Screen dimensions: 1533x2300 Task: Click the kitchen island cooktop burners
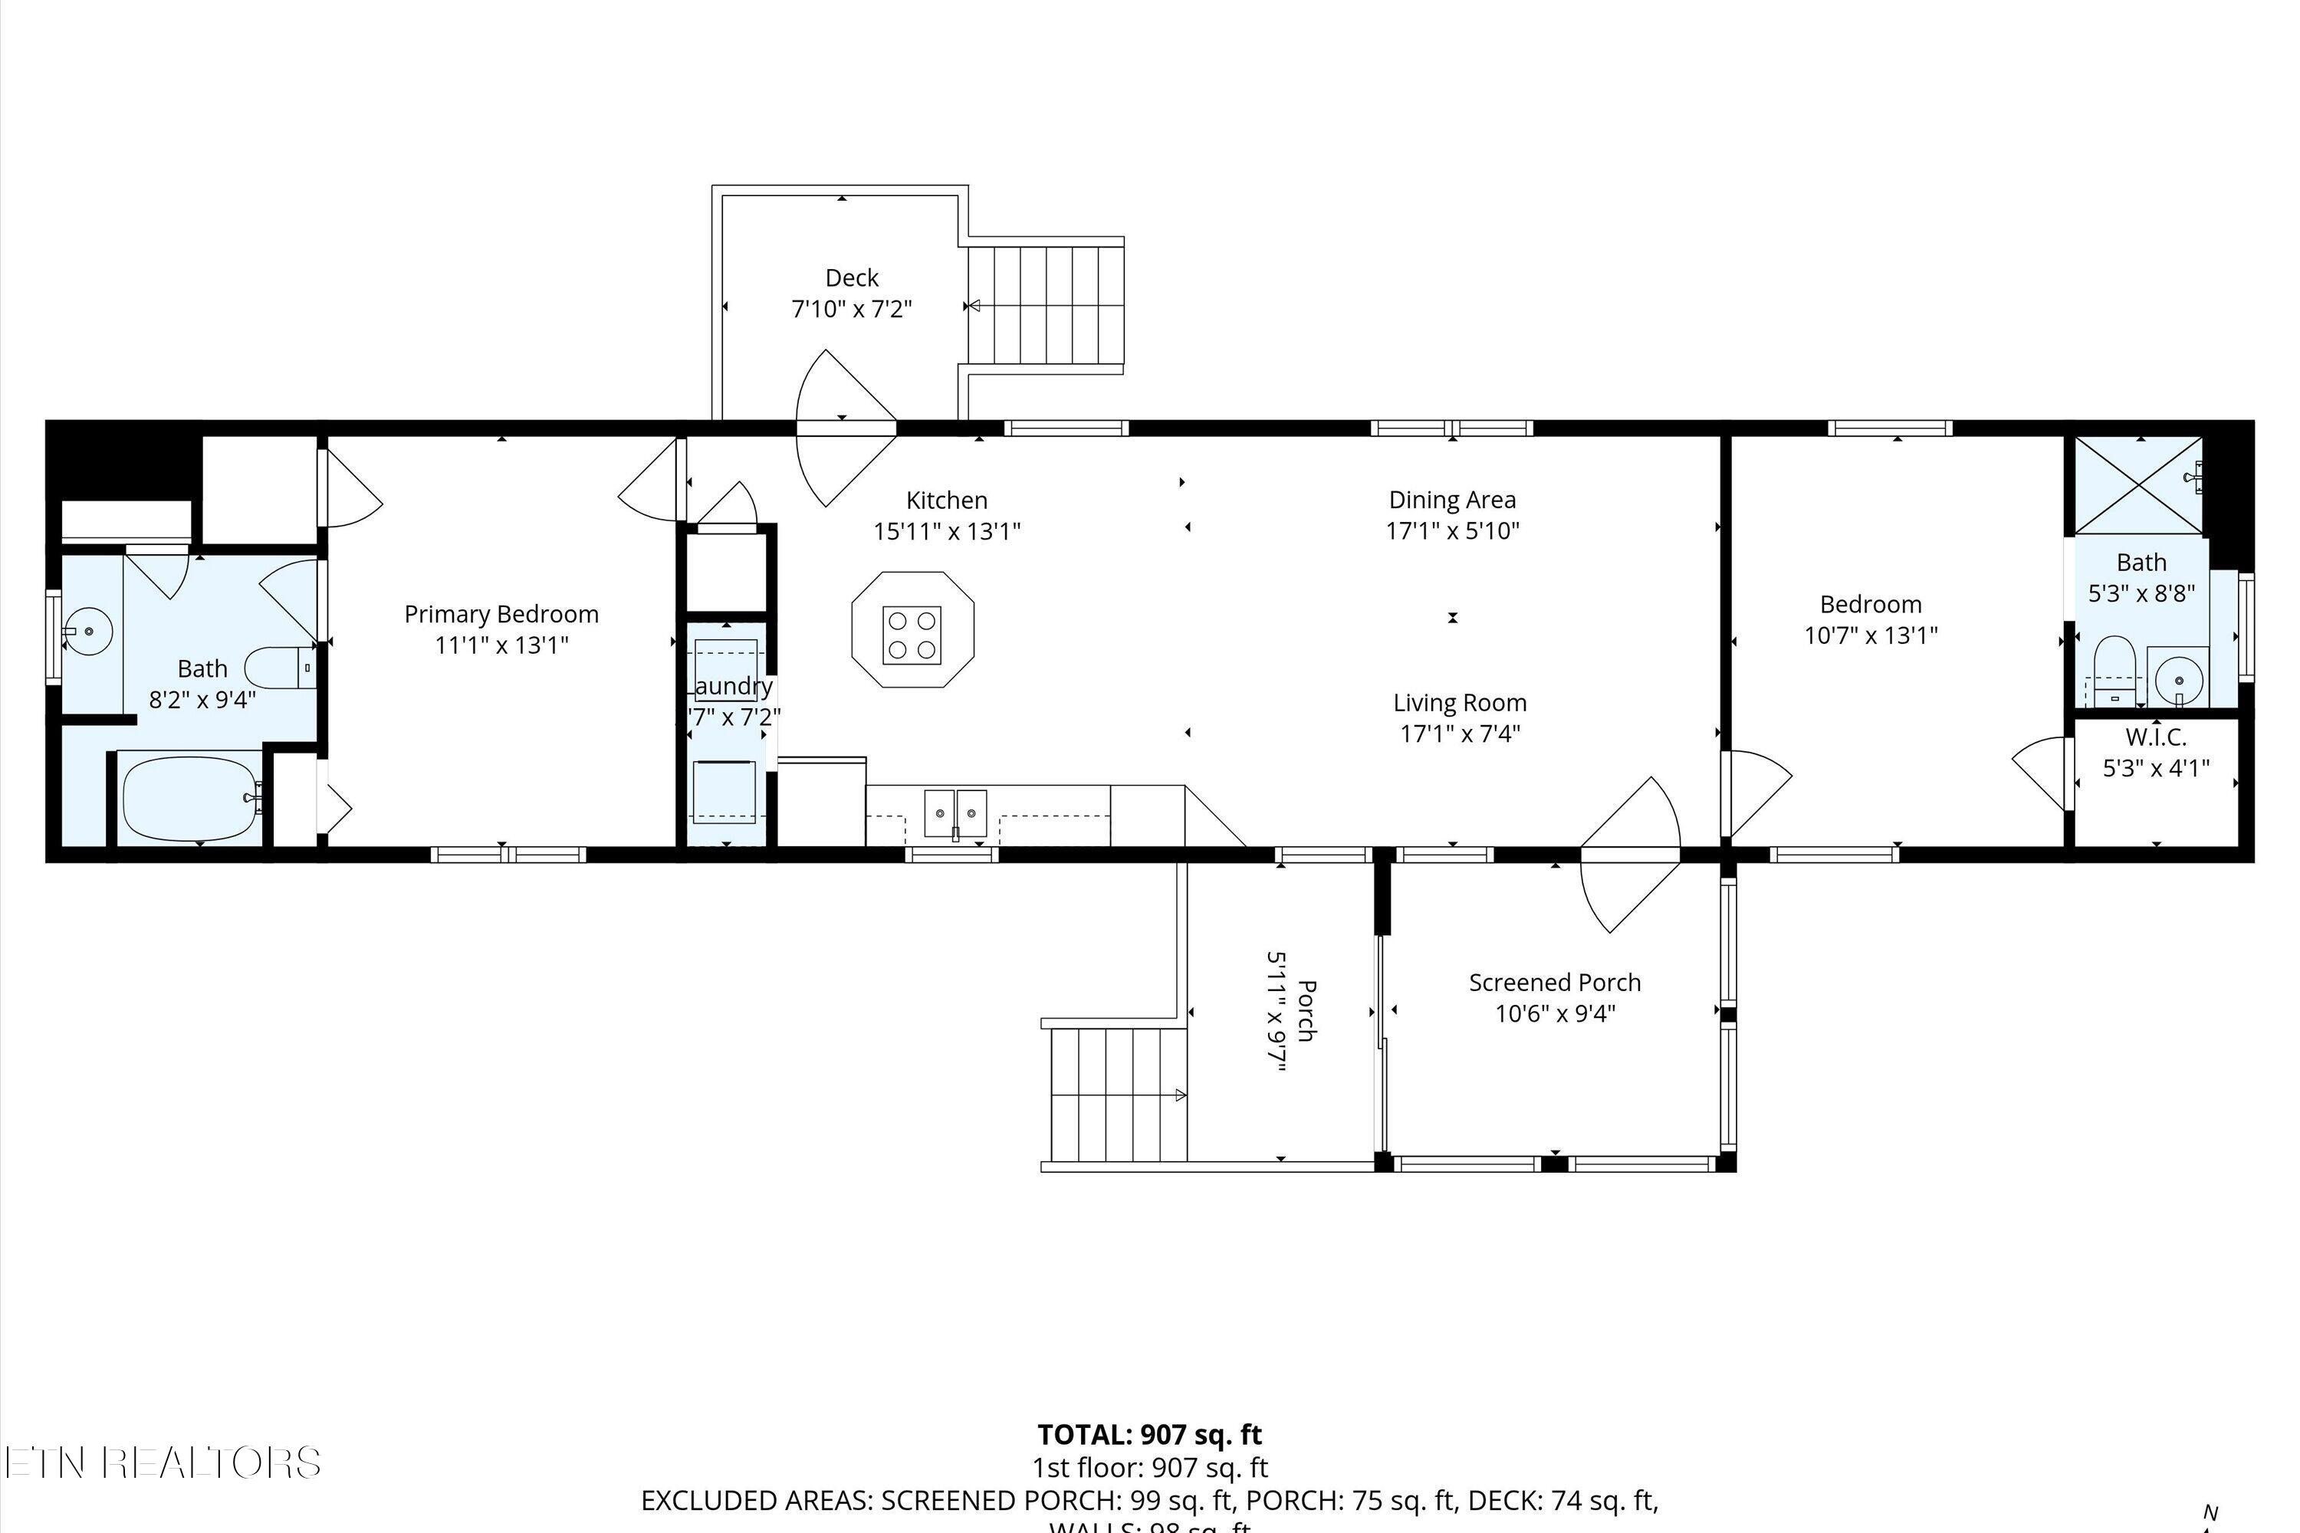click(912, 635)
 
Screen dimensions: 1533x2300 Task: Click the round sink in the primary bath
click(89, 631)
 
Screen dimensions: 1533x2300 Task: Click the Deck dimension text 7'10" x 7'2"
click(851, 309)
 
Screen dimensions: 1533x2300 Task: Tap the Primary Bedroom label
click(501, 614)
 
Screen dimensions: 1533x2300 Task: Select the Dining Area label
click(1451, 500)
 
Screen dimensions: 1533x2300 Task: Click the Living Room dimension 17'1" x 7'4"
click(1459, 734)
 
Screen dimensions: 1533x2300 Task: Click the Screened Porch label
click(1554, 983)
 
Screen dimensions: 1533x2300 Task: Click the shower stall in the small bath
click(2137, 486)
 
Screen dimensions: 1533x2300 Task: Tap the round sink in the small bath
click(2178, 677)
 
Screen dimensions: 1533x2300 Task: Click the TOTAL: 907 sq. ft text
click(1149, 1434)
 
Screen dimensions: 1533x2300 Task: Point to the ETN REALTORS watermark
click(161, 1462)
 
